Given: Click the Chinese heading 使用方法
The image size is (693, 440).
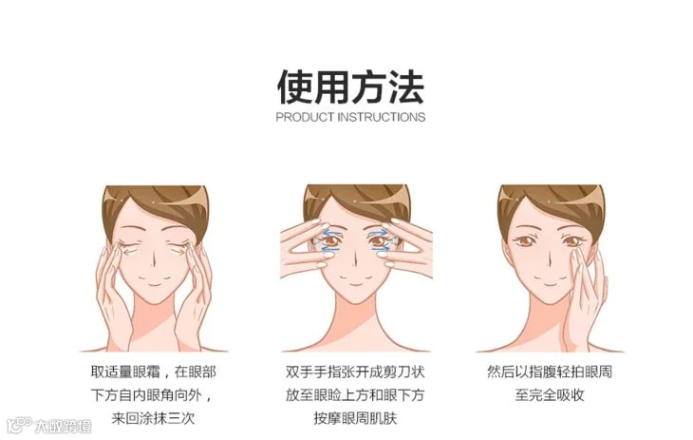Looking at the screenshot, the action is (x=350, y=86).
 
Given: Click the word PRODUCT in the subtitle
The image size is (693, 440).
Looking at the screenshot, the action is (x=305, y=117).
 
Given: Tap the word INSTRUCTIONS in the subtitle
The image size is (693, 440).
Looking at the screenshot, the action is (x=381, y=117).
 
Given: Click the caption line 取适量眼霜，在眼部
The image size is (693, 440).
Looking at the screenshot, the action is (x=154, y=372).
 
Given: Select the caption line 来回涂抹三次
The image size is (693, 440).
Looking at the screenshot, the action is (x=153, y=418).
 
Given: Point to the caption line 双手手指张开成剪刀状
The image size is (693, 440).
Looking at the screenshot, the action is (x=355, y=372).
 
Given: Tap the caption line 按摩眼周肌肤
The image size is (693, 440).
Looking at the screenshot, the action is (x=355, y=418).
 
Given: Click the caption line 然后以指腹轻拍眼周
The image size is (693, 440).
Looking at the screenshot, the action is (x=550, y=372).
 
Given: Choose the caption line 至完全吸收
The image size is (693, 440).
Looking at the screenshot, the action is (x=550, y=394).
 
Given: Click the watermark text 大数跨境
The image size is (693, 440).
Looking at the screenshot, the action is (x=64, y=426).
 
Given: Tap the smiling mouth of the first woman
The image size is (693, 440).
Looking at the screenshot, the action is (x=154, y=282).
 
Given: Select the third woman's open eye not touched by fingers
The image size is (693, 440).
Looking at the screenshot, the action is (x=525, y=240).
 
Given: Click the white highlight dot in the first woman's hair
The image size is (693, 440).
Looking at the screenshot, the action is (x=154, y=202).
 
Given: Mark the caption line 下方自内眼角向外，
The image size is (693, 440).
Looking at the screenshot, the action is (x=153, y=394).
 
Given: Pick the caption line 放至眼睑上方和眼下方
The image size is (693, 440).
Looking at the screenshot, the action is (x=355, y=394).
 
